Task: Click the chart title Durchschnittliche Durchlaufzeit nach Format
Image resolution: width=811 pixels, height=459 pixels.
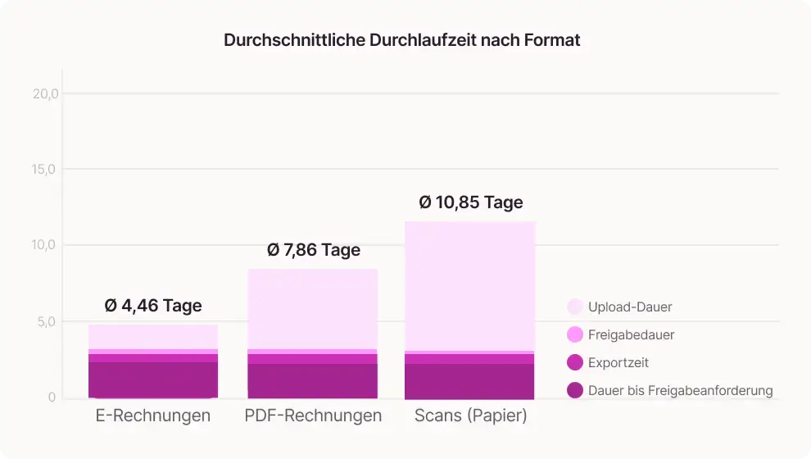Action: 401,40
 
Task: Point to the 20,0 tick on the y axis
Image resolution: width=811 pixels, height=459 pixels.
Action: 46,93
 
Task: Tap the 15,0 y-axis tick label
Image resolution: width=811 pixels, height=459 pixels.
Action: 46,170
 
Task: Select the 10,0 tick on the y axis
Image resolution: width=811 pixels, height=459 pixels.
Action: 46,245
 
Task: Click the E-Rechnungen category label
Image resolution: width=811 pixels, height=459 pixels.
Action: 153,416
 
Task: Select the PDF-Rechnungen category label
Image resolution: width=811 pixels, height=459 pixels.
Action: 313,416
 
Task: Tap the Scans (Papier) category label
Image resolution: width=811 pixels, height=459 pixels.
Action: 470,416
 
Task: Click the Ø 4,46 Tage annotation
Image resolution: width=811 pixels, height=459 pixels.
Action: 153,306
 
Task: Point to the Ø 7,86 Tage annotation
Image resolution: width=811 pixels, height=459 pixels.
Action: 314,250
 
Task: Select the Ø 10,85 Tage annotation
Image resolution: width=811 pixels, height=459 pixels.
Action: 470,202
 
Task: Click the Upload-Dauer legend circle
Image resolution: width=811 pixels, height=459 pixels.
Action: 575,307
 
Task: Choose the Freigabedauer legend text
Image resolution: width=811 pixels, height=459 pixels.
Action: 631,334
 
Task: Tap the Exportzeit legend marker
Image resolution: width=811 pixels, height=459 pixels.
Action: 575,362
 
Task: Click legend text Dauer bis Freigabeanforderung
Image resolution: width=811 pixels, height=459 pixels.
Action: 680,390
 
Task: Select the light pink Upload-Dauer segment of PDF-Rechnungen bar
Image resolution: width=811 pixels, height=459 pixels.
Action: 313,308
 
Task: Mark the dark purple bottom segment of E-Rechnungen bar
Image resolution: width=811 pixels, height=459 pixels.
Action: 153,379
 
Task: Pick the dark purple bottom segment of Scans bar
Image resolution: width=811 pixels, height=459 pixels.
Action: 470,381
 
